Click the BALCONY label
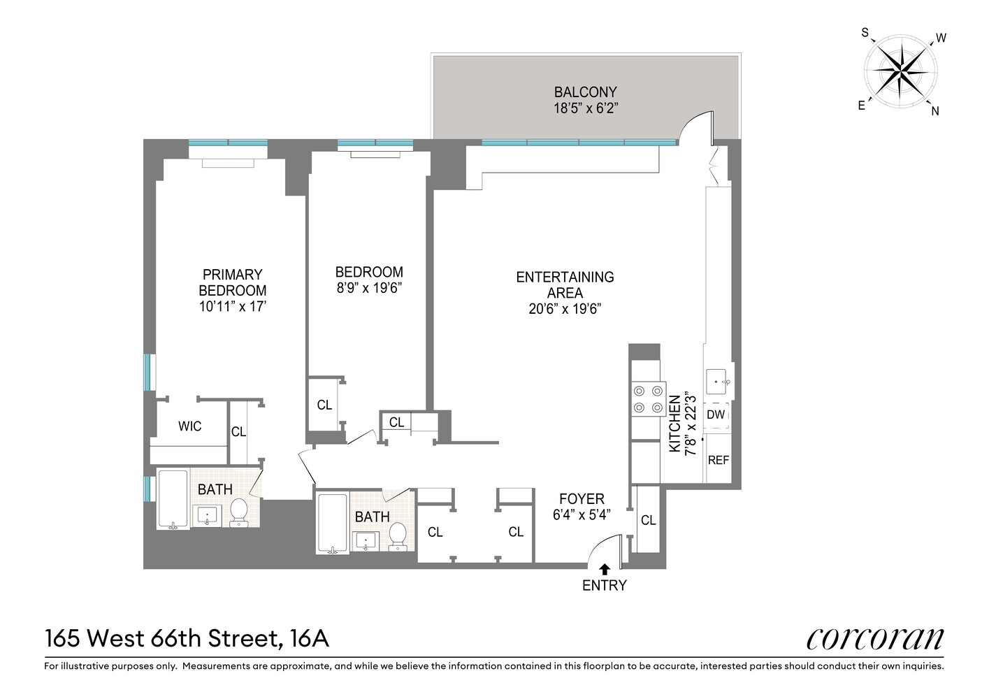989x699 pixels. pyautogui.click(x=585, y=92)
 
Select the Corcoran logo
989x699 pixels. pyautogui.click(x=874, y=639)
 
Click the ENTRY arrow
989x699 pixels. pyautogui.click(x=604, y=570)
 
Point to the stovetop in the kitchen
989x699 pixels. pyautogui.click(x=648, y=399)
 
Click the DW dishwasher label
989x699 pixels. pyautogui.click(x=716, y=415)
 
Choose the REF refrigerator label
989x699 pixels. pyautogui.click(x=718, y=460)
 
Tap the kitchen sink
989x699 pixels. pyautogui.click(x=718, y=382)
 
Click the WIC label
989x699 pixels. pyautogui.click(x=189, y=426)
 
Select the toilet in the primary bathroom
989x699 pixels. pyautogui.click(x=238, y=512)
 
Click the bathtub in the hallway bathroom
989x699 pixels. pyautogui.click(x=332, y=524)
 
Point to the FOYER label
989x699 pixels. pyautogui.click(x=582, y=499)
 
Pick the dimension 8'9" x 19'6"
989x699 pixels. pyautogui.click(x=368, y=288)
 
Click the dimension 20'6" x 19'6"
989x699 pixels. pyautogui.click(x=565, y=309)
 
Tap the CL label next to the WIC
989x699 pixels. pyautogui.click(x=238, y=432)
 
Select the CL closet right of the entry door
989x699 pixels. pyautogui.click(x=648, y=520)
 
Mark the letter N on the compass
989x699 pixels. pyautogui.click(x=935, y=110)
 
